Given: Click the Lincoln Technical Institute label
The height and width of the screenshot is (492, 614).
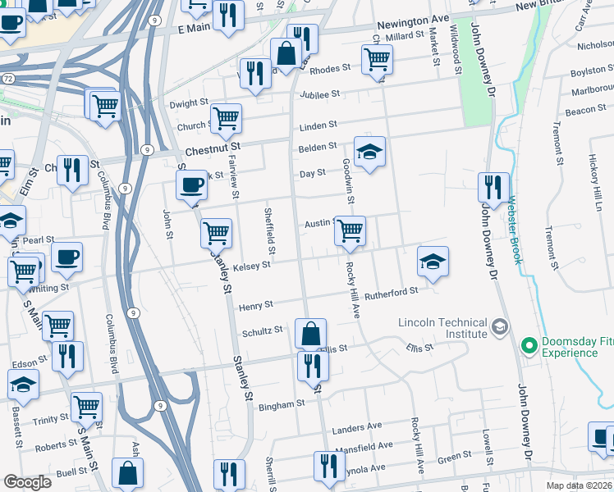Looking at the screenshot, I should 443,328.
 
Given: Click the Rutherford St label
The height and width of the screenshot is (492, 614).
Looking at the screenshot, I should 392,290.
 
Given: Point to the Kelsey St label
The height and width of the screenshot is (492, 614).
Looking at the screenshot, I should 251,266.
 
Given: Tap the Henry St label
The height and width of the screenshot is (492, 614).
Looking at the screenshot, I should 255,306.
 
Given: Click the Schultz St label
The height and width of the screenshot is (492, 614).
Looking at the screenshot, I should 262,331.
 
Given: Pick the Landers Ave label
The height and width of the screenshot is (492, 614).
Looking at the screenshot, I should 357,427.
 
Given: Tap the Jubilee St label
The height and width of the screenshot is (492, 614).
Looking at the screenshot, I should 318,95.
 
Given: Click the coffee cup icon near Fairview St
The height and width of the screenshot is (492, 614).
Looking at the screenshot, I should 192,184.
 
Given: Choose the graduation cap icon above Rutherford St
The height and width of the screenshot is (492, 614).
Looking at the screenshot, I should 433,262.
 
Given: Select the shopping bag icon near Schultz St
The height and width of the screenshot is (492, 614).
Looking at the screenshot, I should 311,334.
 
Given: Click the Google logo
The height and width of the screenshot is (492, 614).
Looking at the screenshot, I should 28,482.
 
